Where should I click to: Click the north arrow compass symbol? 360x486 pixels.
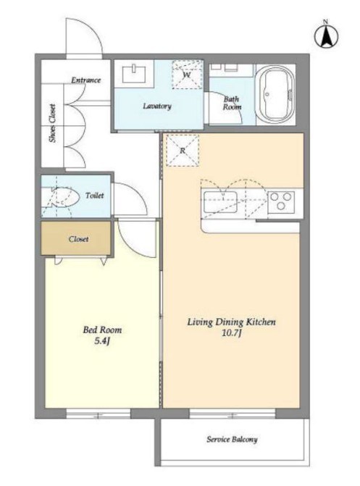pyautogui.click(x=326, y=35)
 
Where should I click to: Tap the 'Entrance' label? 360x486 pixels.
pyautogui.click(x=86, y=80)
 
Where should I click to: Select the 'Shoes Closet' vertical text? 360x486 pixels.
pyautogui.click(x=53, y=122)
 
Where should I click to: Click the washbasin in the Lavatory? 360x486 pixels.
pyautogui.click(x=135, y=74)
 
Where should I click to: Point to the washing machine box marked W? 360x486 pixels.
pyautogui.click(x=188, y=75)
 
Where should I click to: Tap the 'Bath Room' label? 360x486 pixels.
pyautogui.click(x=232, y=103)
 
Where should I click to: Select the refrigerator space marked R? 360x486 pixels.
pyautogui.click(x=183, y=151)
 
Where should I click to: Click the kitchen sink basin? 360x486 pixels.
pyautogui.click(x=220, y=202)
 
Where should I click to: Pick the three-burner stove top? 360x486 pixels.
pyautogui.click(x=281, y=201)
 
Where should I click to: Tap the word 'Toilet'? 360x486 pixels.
pyautogui.click(x=95, y=196)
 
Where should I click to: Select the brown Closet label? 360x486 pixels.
pyautogui.click(x=78, y=239)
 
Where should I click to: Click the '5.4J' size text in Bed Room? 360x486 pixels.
pyautogui.click(x=102, y=341)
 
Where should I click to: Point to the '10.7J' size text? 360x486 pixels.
pyautogui.click(x=231, y=333)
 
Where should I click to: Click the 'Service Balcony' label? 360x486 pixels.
pyautogui.click(x=232, y=439)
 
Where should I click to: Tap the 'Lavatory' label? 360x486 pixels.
pyautogui.click(x=157, y=106)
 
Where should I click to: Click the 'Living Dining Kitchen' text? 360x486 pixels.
pyautogui.click(x=231, y=322)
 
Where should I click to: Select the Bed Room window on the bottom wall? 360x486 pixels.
pyautogui.click(x=99, y=414)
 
